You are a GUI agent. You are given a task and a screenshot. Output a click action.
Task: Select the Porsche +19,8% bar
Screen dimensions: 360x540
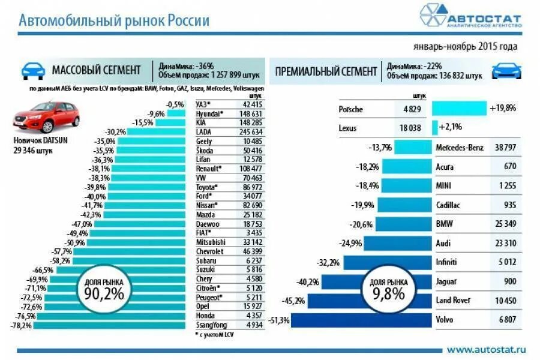click(x=459, y=109)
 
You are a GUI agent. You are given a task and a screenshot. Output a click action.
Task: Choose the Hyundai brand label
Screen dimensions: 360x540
click(x=209, y=113)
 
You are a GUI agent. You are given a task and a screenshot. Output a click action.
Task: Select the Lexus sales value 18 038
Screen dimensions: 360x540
click(x=410, y=128)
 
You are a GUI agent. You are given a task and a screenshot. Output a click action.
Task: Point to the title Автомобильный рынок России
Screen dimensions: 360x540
click(x=114, y=21)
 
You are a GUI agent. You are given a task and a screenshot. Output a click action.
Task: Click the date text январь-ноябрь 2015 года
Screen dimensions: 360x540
click(x=464, y=46)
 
